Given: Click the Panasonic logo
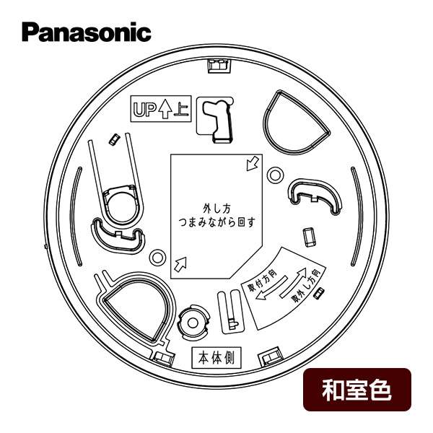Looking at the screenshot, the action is point(87,32).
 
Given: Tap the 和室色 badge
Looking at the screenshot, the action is point(357,390).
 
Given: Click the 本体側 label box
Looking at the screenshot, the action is point(216,358).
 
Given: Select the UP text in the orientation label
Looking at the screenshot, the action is point(144,110).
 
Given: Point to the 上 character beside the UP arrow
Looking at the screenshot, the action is point(182,110).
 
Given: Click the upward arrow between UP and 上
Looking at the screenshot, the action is point(165,109).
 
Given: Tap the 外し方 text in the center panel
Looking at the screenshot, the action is point(216,209).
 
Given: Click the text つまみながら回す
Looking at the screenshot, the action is point(216,222).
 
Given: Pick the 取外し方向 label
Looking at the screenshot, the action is point(307,286).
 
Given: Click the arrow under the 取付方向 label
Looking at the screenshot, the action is point(271,289).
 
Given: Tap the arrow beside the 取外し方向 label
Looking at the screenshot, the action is point(293,282).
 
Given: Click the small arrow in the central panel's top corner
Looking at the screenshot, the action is point(253,164).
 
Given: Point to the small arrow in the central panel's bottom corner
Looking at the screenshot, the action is point(180,263).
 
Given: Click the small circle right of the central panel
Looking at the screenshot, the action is point(275,175).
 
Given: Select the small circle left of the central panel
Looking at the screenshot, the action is point(157,258).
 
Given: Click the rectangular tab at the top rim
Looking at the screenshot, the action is point(219,66).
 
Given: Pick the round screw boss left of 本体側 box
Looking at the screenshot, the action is point(193,323).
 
